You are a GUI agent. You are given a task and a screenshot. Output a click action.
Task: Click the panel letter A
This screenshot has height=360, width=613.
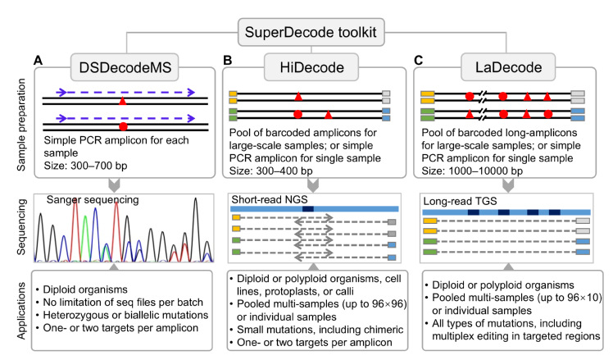tap(38, 62)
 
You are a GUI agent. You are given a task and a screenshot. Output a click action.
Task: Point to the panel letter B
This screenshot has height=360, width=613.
tap(228, 62)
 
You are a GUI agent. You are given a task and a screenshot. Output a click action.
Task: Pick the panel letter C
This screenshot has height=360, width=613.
tap(419, 62)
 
